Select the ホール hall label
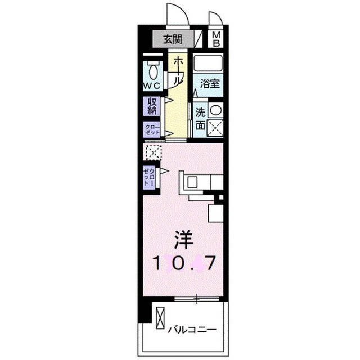[176, 71]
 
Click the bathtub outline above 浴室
[209, 62]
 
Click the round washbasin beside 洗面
[216, 110]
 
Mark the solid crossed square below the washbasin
[216, 128]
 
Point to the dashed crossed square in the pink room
[152, 152]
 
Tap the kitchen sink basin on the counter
[192, 182]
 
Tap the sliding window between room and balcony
[197, 299]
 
